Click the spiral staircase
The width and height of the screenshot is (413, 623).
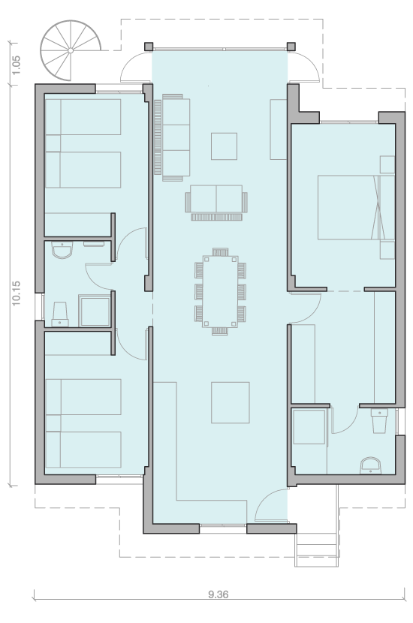(x=70, y=50)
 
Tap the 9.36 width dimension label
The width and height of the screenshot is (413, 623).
(x=219, y=594)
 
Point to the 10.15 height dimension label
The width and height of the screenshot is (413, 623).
(x=17, y=293)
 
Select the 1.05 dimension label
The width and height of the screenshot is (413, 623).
(x=17, y=65)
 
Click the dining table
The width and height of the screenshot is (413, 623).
(x=220, y=291)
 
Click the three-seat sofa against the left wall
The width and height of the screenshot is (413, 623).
(x=172, y=137)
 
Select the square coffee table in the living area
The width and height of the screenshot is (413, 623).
(x=225, y=146)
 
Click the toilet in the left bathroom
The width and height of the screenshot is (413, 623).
(x=60, y=314)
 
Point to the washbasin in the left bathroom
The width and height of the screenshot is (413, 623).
(x=62, y=251)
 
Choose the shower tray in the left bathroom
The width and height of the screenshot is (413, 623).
(x=94, y=310)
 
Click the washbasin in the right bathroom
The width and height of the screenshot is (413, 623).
(x=370, y=465)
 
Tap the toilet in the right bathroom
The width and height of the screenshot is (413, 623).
(x=378, y=421)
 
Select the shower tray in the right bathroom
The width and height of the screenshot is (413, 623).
(x=309, y=427)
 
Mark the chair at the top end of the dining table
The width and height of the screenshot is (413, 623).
(x=220, y=252)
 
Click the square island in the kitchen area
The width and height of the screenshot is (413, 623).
(x=230, y=402)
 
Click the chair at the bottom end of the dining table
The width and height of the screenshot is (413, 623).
(x=220, y=331)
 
